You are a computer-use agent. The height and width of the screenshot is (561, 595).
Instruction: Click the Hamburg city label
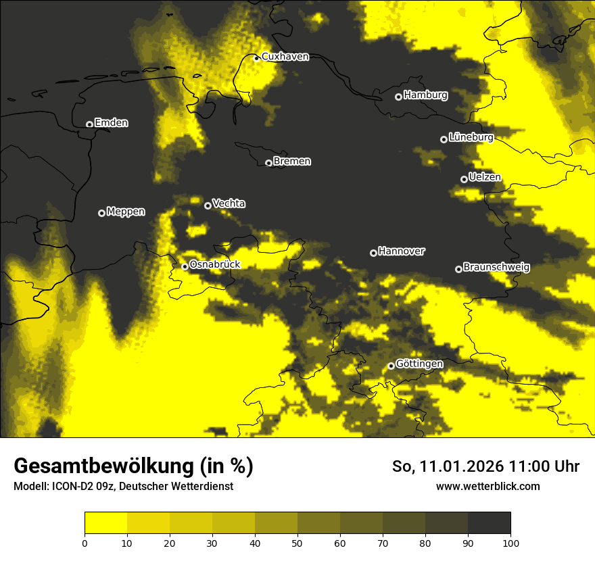click(x=425, y=95)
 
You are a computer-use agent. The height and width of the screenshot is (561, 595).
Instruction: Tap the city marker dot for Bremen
click(x=268, y=163)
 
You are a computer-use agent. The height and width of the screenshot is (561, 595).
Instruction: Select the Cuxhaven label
click(x=285, y=57)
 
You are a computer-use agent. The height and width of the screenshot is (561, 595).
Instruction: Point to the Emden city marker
click(x=89, y=124)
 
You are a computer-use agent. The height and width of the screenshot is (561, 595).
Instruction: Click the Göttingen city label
click(x=419, y=364)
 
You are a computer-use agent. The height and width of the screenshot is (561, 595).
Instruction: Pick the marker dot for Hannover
click(x=373, y=253)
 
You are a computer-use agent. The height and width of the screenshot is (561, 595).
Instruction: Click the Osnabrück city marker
click(x=185, y=266)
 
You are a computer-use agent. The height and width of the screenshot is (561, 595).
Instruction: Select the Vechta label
click(x=229, y=203)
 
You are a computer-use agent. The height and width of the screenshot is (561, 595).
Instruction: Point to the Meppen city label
click(x=126, y=212)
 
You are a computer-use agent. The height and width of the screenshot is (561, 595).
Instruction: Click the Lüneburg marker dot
click(x=444, y=139)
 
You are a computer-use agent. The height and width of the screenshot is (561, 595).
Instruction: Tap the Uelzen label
click(x=485, y=178)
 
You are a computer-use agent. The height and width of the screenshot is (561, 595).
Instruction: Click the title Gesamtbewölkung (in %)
click(x=133, y=466)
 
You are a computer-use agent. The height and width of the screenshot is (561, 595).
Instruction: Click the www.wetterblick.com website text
click(x=487, y=486)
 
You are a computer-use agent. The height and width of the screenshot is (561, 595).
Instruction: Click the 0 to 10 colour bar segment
click(x=105, y=523)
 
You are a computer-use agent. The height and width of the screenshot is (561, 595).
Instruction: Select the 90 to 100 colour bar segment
click(x=489, y=523)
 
